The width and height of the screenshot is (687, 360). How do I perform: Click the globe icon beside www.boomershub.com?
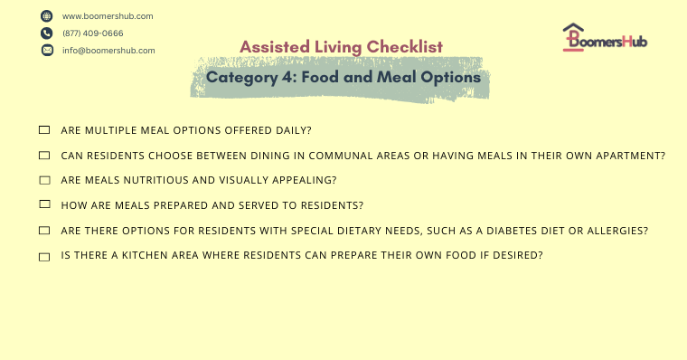(x=47, y=16)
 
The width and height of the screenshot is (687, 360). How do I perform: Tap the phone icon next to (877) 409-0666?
(x=47, y=33)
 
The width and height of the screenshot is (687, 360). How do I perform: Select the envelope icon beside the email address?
(x=47, y=51)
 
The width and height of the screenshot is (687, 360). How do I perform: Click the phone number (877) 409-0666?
(x=93, y=33)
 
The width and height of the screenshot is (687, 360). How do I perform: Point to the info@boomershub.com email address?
(x=108, y=51)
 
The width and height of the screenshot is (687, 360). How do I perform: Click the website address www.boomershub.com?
(x=108, y=16)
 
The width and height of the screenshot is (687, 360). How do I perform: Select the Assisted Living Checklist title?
(x=341, y=46)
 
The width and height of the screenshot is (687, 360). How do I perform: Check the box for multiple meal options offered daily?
(x=44, y=131)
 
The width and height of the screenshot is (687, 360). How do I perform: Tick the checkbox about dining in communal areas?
(x=44, y=156)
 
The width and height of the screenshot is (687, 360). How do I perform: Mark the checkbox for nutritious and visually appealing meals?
(x=44, y=181)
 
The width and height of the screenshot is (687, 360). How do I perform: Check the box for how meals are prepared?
(x=44, y=205)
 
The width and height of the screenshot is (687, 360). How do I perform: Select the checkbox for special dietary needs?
(x=44, y=231)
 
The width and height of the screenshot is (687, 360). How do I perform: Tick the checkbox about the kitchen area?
(x=44, y=256)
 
